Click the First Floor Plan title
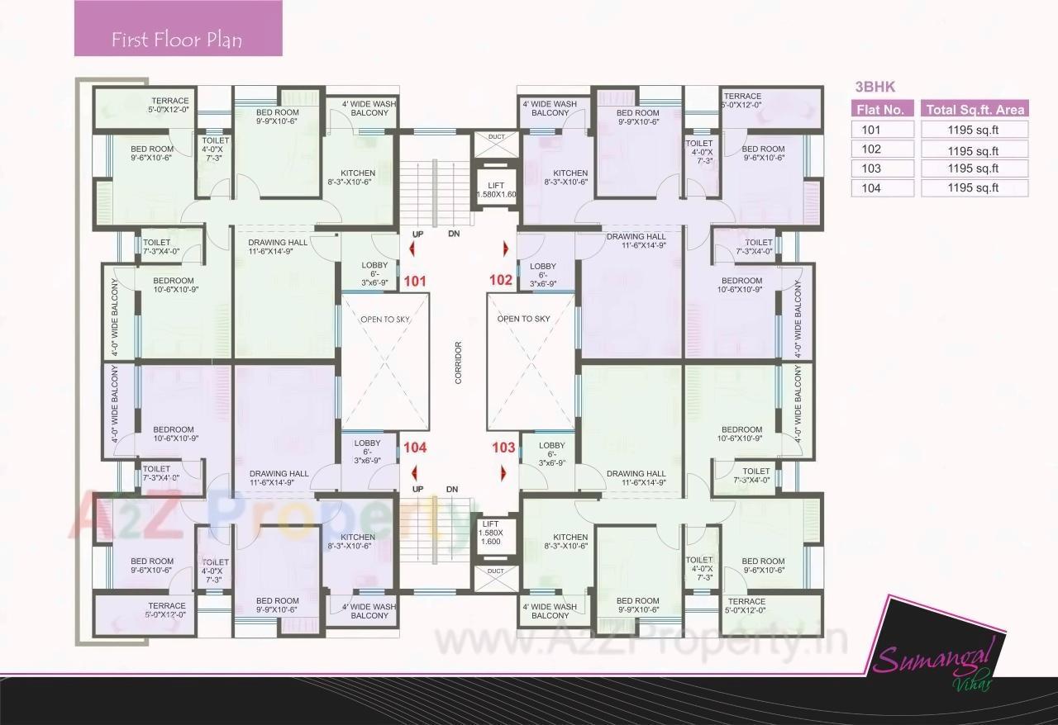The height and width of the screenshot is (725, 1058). coord(177,40)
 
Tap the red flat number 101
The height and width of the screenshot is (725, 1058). coord(415,282)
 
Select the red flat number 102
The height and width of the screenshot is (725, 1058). coord(501,280)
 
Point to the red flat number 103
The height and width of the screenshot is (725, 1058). coord(503,448)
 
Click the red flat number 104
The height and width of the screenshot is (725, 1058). coord(415,448)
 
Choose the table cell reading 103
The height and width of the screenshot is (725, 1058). coord(882,168)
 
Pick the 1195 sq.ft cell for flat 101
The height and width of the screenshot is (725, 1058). coord(975,130)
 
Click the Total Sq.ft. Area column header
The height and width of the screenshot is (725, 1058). coord(975,110)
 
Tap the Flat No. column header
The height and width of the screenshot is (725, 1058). coord(882,110)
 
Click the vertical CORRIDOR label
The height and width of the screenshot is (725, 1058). coord(457,362)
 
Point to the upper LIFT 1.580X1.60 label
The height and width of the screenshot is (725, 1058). coord(496,190)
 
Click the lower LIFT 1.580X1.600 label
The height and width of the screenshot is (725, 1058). coord(490,533)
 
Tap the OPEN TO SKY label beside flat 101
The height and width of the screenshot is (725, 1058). coord(384,319)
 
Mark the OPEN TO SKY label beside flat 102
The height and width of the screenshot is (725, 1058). coord(523,319)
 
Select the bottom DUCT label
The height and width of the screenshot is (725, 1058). coord(496,571)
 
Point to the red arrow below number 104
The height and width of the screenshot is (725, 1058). coord(413,472)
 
